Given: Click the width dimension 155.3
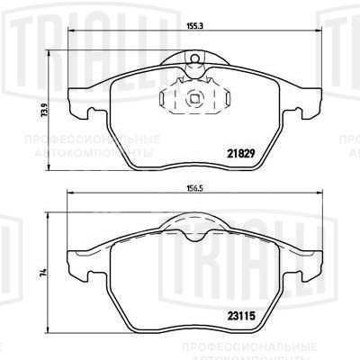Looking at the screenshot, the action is (195, 26).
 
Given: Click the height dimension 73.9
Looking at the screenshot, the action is (45, 111).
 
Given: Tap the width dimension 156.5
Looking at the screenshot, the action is (195, 188).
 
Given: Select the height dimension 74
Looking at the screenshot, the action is (44, 273).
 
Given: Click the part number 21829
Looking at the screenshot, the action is (241, 154).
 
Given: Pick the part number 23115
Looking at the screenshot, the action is (241, 316).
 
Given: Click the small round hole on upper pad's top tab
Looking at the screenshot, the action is (194, 58).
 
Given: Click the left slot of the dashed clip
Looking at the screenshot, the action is (162, 99).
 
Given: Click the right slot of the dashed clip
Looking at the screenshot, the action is (227, 99).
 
